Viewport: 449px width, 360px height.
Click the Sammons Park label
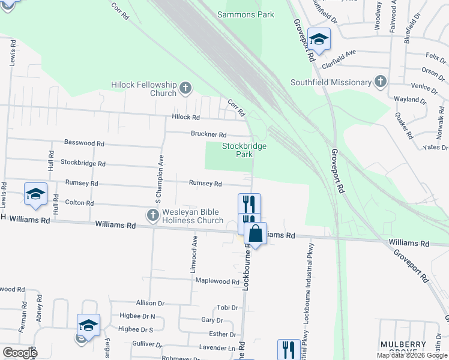point(246,14)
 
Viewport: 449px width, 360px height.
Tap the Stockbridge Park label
point(244,150)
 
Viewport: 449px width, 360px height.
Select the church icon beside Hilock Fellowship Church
point(185,88)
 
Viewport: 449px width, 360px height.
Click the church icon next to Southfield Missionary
point(380,82)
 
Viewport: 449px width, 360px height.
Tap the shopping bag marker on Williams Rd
point(255,234)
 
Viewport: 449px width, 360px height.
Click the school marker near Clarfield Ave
point(319,40)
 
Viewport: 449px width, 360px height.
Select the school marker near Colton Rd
point(35,194)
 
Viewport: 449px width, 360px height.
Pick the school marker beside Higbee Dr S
point(88,326)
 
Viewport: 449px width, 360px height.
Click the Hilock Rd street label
point(185,118)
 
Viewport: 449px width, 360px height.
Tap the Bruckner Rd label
point(209,134)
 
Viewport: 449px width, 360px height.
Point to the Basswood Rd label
point(84,143)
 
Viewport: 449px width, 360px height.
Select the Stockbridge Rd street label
point(83,163)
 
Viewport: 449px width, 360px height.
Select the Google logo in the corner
point(19,352)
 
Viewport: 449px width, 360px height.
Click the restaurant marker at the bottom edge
point(289,350)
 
